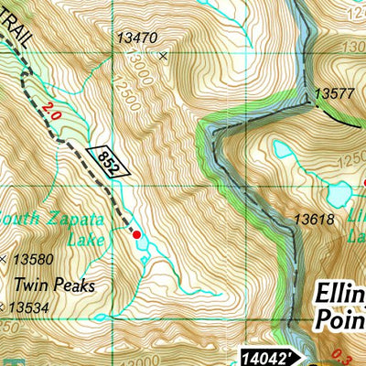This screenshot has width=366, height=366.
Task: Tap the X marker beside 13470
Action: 164,56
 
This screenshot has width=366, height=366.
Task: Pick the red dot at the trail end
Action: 137,235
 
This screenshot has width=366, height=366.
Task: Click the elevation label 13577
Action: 333,93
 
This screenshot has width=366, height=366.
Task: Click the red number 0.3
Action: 357,355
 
